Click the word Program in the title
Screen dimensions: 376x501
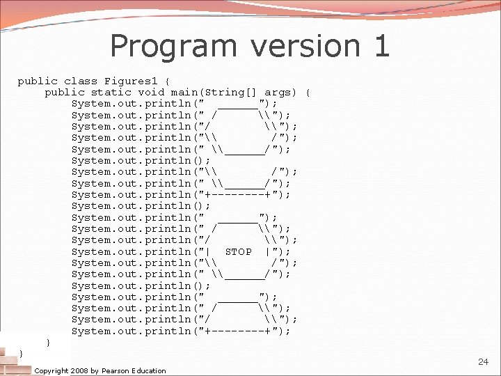point(173,47)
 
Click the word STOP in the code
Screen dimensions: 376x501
point(239,251)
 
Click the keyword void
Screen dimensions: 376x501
point(151,93)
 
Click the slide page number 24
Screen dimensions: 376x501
point(484,362)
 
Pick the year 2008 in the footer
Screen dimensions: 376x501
point(86,370)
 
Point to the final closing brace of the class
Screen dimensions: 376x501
point(21,354)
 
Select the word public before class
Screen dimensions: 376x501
point(38,81)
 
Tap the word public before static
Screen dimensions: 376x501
point(65,93)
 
